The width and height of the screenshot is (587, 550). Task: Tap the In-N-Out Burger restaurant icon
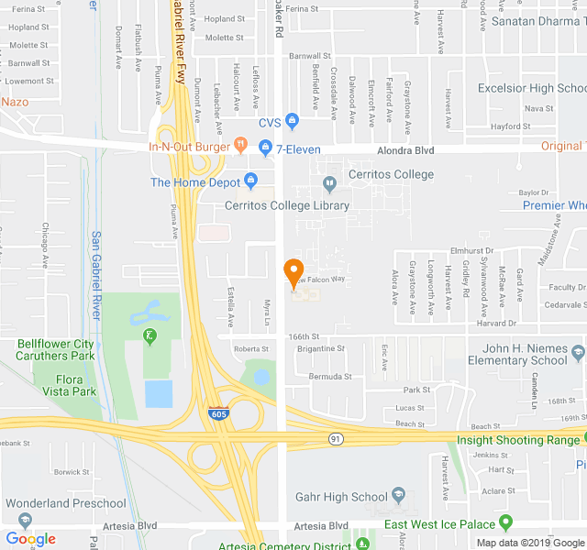[x=240, y=144]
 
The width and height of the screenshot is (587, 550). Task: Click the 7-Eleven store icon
[x=265, y=147]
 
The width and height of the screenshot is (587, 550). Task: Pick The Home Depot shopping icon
[x=250, y=180]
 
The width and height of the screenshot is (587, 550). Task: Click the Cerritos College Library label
[x=287, y=205]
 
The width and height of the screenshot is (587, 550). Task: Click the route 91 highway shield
[x=337, y=440]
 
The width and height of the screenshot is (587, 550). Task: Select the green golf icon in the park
[x=150, y=336]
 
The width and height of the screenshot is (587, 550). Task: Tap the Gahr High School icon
[x=398, y=496]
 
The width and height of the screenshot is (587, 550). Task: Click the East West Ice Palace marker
[x=505, y=523]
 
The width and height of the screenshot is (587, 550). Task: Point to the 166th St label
[x=302, y=336]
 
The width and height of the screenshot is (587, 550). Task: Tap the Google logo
[x=31, y=539]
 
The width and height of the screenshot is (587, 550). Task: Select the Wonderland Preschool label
[x=65, y=503]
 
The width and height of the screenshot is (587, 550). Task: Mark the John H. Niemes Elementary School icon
[x=577, y=352]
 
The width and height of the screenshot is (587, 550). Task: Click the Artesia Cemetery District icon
[x=363, y=544]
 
